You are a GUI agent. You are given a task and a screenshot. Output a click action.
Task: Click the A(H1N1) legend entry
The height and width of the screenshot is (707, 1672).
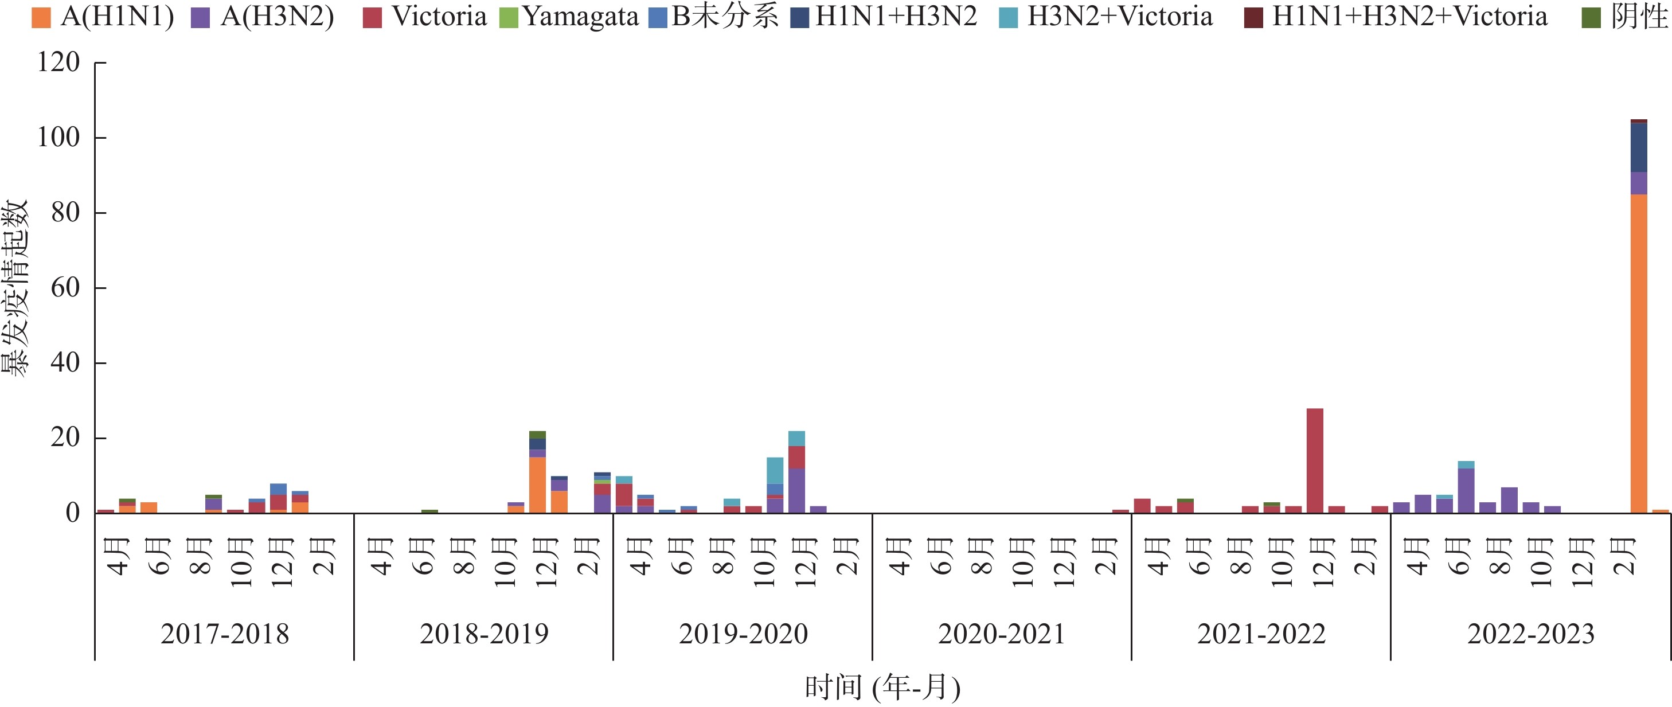(104, 17)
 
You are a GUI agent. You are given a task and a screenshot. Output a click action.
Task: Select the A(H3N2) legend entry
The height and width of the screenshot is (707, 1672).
(263, 17)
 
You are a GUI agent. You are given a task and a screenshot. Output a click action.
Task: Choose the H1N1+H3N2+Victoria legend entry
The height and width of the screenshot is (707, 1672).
(1396, 17)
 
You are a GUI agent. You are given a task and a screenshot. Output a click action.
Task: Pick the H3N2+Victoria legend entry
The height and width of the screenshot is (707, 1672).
(1106, 17)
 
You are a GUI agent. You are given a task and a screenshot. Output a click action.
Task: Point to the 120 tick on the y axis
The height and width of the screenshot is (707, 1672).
(58, 63)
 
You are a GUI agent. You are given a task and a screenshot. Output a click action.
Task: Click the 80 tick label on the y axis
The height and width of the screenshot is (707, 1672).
(65, 213)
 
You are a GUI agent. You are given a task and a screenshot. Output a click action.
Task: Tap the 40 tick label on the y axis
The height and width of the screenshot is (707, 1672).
(65, 363)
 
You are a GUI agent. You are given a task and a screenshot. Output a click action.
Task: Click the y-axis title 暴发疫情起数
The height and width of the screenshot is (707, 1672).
(15, 288)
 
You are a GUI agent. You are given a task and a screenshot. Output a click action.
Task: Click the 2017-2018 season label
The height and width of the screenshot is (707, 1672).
(225, 634)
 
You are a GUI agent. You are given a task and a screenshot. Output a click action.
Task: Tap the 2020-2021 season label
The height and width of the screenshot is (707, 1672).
(1002, 634)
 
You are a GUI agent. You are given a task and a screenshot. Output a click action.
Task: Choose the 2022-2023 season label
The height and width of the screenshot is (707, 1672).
(1530, 634)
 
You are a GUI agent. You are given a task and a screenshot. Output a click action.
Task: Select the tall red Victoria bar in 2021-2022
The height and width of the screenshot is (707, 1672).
(1315, 460)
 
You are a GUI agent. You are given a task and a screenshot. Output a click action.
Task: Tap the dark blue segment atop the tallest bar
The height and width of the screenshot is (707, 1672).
(1638, 148)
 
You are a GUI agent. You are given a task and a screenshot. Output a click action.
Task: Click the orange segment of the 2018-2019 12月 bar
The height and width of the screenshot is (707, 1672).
(537, 485)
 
